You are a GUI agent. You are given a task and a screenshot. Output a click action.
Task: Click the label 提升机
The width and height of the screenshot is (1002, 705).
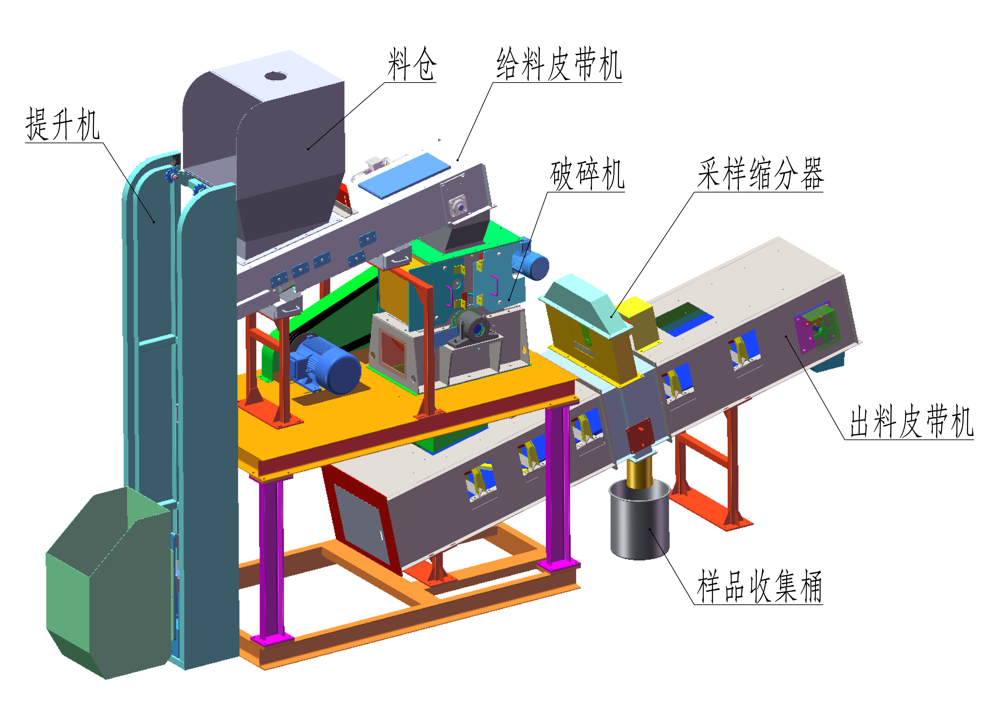point(63,125)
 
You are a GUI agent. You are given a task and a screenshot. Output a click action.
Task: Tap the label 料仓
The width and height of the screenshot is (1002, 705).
point(412,64)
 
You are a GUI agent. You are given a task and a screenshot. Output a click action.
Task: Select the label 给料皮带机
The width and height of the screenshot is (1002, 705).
point(559,64)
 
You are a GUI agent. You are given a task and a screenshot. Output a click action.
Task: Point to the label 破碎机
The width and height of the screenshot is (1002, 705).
point(587,174)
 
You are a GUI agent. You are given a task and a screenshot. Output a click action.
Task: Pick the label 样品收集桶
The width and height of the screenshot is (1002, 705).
point(759,586)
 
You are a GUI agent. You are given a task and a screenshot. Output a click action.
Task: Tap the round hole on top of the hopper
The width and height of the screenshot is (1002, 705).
point(276,76)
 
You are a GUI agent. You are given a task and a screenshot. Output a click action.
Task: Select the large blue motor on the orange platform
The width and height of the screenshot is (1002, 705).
point(325,363)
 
